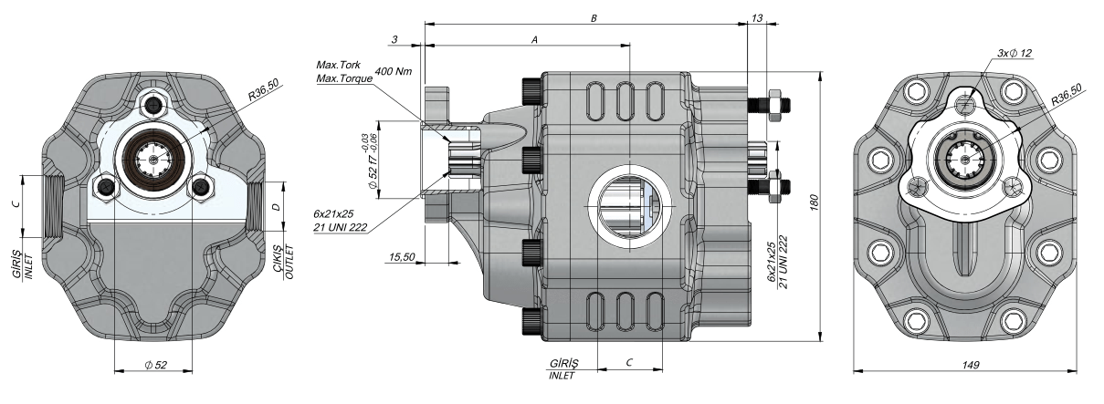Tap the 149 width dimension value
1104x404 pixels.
[971, 364]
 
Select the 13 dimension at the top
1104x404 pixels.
[757, 18]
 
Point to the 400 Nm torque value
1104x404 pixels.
[392, 71]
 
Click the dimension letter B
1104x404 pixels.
[594, 17]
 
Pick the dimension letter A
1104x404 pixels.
[533, 39]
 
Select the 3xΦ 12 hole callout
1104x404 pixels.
[1015, 54]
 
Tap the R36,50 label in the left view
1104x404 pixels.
[264, 92]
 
